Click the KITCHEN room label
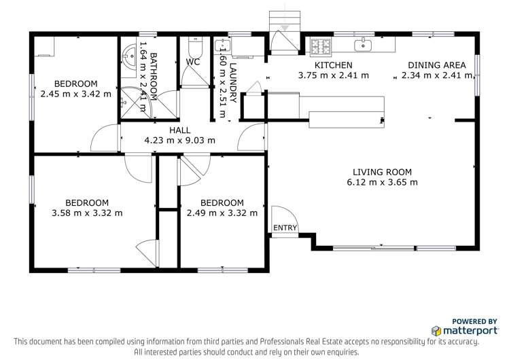pos(333,65)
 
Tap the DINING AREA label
pos(432,65)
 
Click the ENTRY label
pos(285,228)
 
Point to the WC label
pos(194,62)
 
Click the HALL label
pos(179,130)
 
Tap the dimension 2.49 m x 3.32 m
pos(222,213)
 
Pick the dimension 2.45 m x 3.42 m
pos(75,94)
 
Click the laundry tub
pos(223,46)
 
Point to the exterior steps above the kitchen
pos(283,20)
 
